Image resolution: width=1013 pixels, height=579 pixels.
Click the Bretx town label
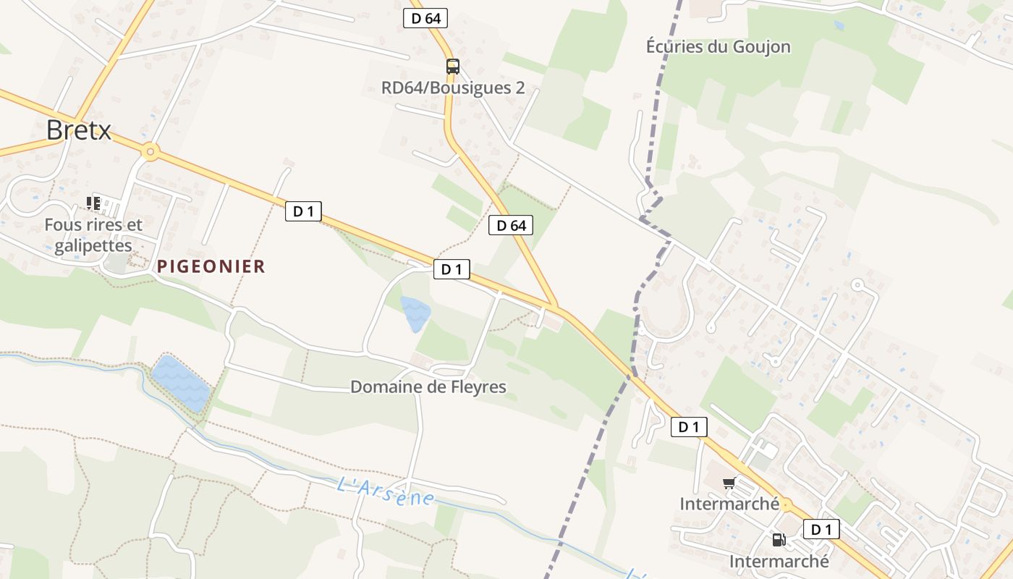point(79,130)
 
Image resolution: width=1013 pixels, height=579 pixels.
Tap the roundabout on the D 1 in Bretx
point(151,152)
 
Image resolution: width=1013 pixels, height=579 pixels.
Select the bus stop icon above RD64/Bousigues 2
point(453,67)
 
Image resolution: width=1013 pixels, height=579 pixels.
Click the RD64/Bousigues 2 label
point(453,88)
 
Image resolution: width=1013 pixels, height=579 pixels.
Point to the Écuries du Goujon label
point(718,47)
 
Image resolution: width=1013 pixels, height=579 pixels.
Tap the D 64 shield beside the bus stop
point(425,19)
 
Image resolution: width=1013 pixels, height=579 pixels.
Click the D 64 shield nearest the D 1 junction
point(511,226)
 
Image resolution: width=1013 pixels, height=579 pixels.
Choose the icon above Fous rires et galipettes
point(93,203)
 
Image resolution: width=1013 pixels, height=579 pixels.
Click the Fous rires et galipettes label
point(93,235)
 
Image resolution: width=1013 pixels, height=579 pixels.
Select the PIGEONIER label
point(211,266)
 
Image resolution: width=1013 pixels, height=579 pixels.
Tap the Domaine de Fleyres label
point(428,387)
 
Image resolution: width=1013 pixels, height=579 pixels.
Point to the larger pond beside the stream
point(180,382)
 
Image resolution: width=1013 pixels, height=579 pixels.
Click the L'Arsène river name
point(386,491)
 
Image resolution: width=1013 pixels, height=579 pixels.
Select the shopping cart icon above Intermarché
point(729,483)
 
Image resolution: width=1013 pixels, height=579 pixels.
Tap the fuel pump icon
point(779,539)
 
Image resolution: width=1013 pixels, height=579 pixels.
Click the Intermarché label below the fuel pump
point(779,562)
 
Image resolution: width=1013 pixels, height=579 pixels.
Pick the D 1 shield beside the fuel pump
point(821,530)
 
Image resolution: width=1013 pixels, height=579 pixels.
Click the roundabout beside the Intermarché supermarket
point(786,505)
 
